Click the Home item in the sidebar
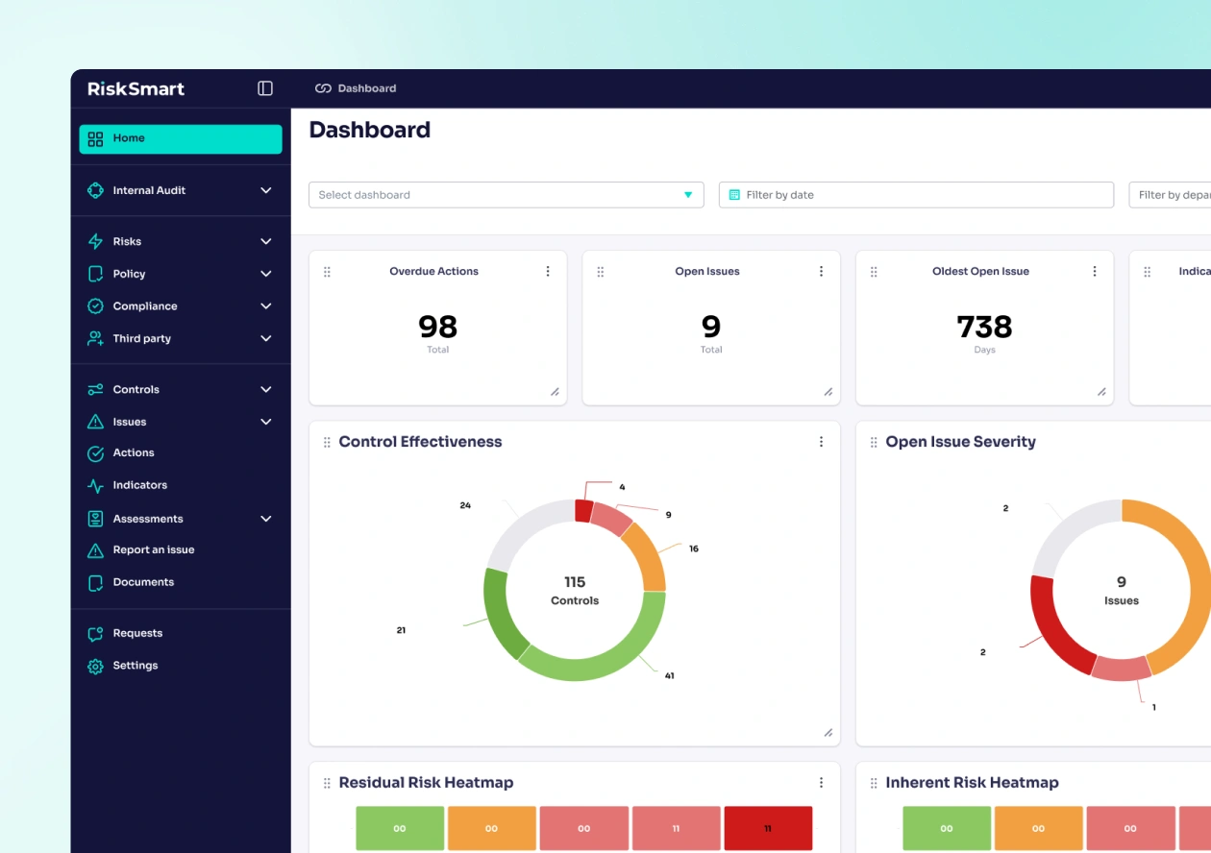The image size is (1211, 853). tap(180, 138)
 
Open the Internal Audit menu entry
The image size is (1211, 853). tap(149, 190)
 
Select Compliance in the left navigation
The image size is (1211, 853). tap(145, 306)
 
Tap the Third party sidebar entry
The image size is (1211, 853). tap(141, 338)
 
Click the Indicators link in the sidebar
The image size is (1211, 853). tap(139, 485)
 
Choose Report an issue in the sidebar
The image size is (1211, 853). tap(153, 549)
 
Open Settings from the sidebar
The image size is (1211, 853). tap(135, 666)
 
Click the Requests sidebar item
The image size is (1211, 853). tap(137, 633)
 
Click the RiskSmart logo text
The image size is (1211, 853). tap(136, 88)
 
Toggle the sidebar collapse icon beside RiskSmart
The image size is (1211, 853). tap(265, 88)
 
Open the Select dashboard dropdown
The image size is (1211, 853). tap(506, 195)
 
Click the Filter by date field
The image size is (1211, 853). tap(916, 195)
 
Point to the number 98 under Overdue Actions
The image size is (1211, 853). tap(437, 327)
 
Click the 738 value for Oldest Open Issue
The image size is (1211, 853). tap(984, 327)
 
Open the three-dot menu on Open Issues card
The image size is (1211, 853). tap(821, 271)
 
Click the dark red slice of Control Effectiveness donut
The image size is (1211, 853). tap(583, 510)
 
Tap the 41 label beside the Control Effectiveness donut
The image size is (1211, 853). tap(669, 675)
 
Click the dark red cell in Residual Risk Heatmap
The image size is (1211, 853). tap(767, 828)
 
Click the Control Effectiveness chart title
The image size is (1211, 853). tap(420, 442)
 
